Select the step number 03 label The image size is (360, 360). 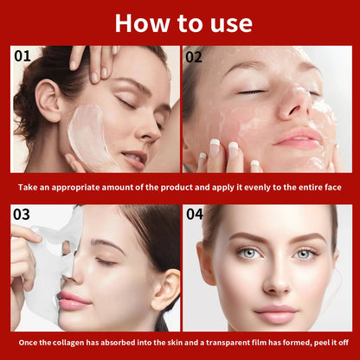click(x=22, y=214)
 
